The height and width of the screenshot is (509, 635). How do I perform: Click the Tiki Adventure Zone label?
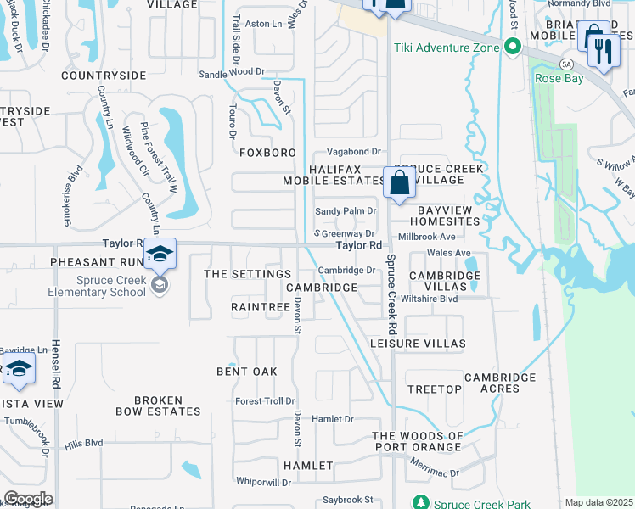pyautogui.click(x=446, y=48)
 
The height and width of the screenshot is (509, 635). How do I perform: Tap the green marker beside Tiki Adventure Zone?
pyautogui.click(x=511, y=47)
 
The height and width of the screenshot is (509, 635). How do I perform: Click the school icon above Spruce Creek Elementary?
pyautogui.click(x=159, y=255)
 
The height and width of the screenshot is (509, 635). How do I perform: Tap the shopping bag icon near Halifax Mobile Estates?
pyautogui.click(x=399, y=183)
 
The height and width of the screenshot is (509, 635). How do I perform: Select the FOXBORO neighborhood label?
pyautogui.click(x=267, y=153)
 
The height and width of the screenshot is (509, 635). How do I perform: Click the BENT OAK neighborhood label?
pyautogui.click(x=247, y=372)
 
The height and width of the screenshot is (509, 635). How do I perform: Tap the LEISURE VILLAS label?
pyautogui.click(x=418, y=344)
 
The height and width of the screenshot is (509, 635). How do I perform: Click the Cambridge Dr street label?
pyautogui.click(x=346, y=271)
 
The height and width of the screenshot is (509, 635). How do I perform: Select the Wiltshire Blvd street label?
pyautogui.click(x=429, y=299)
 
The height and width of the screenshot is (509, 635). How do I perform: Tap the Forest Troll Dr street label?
pyautogui.click(x=265, y=401)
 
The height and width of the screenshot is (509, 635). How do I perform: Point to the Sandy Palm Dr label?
pyautogui.click(x=346, y=211)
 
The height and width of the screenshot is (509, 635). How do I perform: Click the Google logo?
pyautogui.click(x=28, y=499)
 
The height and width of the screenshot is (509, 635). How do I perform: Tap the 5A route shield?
pyautogui.click(x=566, y=64)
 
